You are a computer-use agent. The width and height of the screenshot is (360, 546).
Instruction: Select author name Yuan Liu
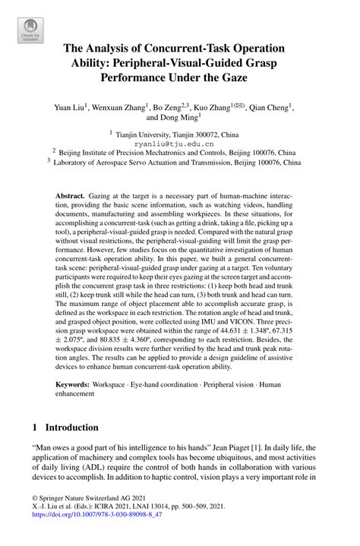coord(73,107)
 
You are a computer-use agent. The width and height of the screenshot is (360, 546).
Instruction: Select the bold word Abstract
coord(71,195)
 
